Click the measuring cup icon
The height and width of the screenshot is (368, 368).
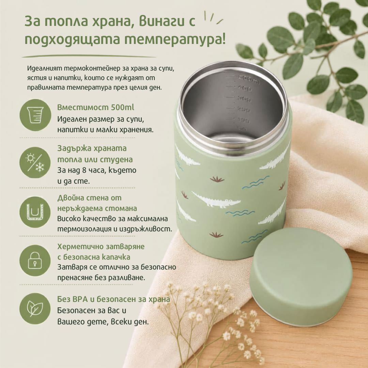click(35, 115)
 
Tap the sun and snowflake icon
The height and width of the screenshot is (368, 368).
click(35, 163)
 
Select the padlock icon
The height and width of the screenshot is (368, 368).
click(35, 261)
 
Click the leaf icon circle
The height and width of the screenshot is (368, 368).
click(35, 309)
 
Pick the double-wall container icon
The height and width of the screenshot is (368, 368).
click(35, 212)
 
